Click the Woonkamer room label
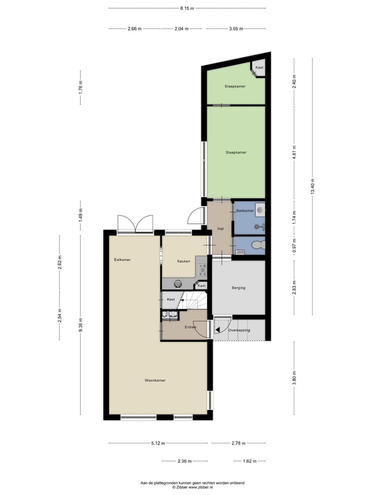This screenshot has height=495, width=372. [x=155, y=380]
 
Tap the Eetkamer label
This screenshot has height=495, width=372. [x=122, y=259]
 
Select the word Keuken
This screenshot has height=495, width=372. [x=184, y=261]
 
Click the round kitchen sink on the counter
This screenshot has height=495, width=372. [x=178, y=283]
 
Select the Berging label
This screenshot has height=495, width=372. [x=238, y=288]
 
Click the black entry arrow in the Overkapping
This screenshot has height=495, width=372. [x=218, y=329]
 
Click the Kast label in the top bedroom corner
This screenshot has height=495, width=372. [x=259, y=68]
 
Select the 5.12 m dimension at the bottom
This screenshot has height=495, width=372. [x=158, y=443]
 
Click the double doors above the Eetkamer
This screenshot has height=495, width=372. [x=135, y=224]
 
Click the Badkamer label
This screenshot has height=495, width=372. [x=244, y=211]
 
